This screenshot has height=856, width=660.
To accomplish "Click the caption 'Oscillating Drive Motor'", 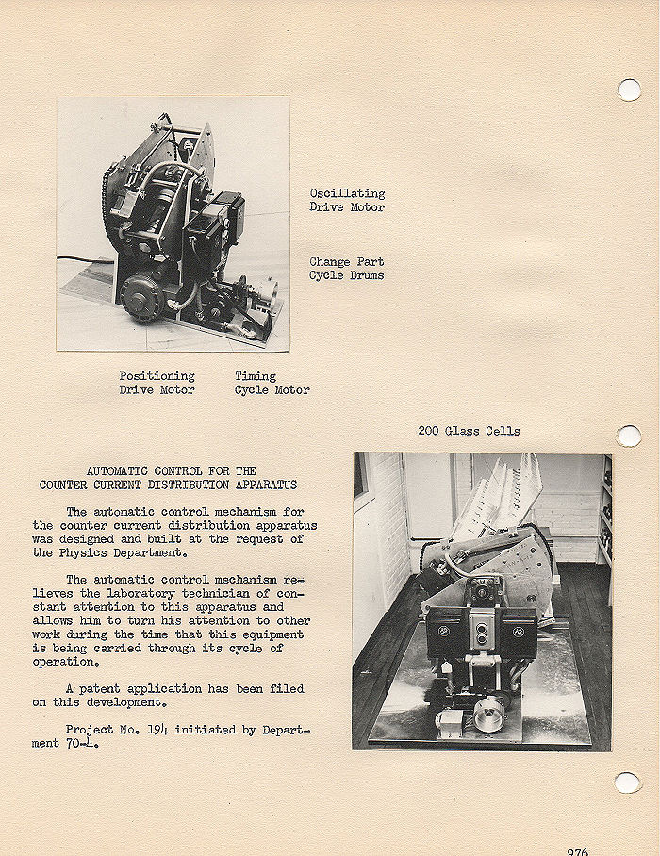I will pos(347,200).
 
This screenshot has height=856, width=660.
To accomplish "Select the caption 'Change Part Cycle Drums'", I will pos(346,269).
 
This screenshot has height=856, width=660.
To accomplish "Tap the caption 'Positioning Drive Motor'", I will pos(157,383).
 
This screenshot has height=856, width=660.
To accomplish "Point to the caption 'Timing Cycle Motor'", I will pos(272,383).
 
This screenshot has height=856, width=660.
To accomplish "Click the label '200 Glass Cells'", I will pos(469,431).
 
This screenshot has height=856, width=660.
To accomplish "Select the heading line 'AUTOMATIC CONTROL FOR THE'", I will pos(171,470).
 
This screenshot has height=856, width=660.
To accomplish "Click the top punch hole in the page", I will pos(629,90).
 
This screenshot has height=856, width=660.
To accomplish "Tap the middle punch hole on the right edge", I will pos(629,436).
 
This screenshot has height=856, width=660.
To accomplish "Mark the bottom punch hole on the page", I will pos(627,782).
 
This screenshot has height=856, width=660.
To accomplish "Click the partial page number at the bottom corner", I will pos(577,850).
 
